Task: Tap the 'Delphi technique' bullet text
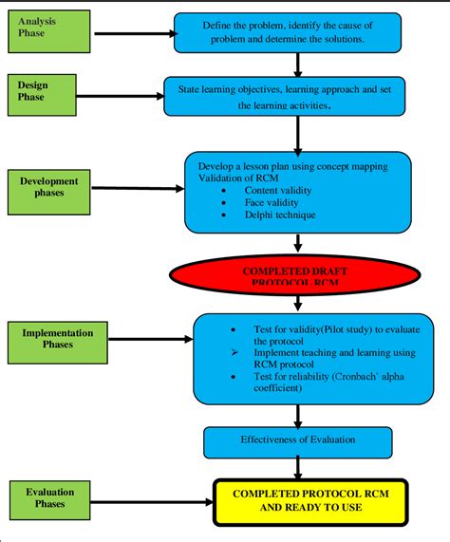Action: coord(276,215)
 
